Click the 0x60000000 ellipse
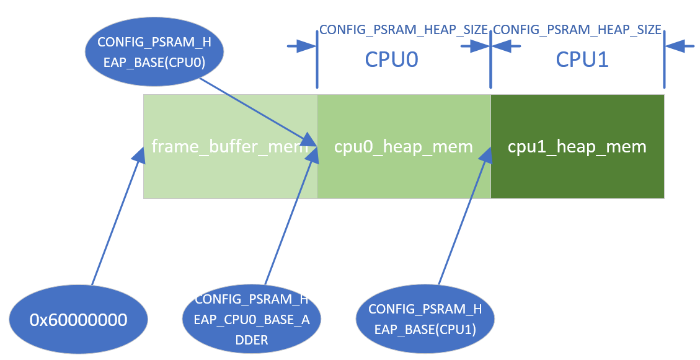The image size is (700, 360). tap(79, 320)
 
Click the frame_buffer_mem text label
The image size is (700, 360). tap(229, 147)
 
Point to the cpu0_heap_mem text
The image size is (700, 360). tap(403, 147)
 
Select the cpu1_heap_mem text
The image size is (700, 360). tap(577, 147)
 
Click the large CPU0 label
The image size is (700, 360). tap(391, 59)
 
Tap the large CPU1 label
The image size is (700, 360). tap(582, 59)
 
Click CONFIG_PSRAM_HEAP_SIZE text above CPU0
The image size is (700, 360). tap(404, 29)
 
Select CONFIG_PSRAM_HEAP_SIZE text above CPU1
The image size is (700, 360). tap(577, 29)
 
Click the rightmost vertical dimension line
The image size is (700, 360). tap(664, 59)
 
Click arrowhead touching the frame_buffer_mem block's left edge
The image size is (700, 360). tap(140, 155)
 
